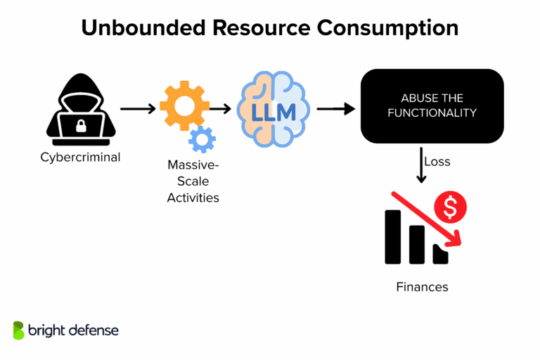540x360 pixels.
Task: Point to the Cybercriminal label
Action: [79, 157]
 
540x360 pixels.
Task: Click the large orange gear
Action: [184, 105]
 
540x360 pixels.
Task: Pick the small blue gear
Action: [202, 139]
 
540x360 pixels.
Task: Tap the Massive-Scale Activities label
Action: [193, 181]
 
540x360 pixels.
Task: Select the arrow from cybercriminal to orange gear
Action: [138, 109]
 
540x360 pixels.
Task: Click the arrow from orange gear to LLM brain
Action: [221, 109]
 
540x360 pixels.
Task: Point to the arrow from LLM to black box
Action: [335, 109]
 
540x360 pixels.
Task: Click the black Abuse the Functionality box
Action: [432, 105]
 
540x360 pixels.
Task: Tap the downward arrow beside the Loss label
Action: [422, 165]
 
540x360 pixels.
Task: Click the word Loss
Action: [438, 162]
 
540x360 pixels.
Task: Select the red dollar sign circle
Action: [451, 207]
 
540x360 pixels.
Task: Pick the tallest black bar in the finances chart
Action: [392, 236]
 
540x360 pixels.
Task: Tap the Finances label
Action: [421, 287]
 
